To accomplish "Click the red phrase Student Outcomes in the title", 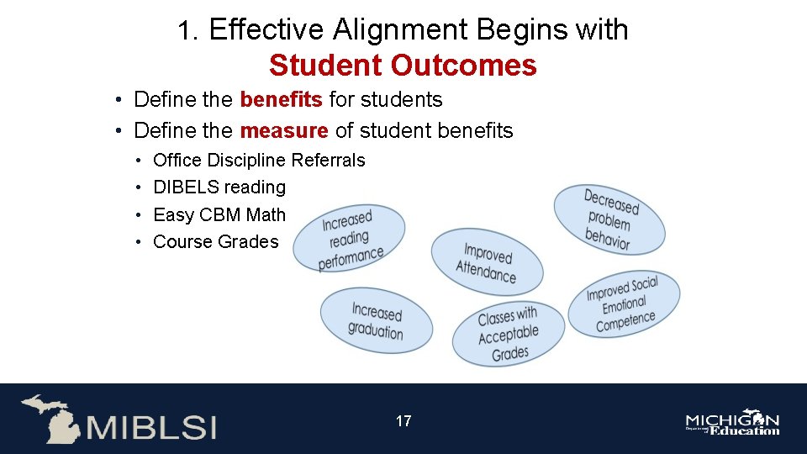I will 403,65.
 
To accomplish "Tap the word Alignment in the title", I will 403,30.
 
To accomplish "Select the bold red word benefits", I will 281,100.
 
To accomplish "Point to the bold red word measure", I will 283,131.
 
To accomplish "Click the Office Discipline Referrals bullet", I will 259,160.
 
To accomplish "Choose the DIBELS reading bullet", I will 219,187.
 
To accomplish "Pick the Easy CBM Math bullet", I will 219,215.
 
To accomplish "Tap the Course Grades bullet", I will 215,242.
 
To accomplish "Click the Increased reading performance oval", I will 351,240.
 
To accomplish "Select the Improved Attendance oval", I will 487,262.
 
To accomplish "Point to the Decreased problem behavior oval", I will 609,219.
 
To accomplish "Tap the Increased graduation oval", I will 376,321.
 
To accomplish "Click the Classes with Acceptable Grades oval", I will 508,335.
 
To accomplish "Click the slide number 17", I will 403,421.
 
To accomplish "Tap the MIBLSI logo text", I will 150,426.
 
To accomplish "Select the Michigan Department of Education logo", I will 732,424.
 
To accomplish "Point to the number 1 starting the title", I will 186,31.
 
